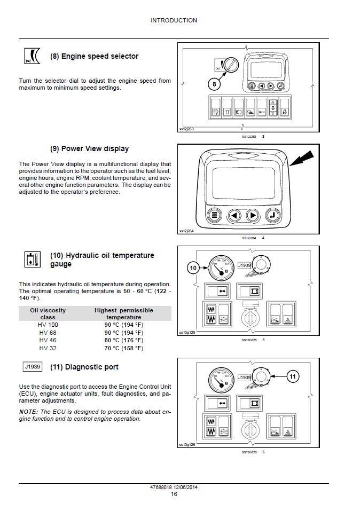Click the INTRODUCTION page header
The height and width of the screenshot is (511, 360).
(174, 20)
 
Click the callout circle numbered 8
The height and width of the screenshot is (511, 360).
(214, 84)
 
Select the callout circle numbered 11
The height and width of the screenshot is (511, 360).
(292, 376)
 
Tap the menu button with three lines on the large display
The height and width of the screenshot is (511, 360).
(215, 216)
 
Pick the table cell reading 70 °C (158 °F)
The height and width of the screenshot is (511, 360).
(123, 348)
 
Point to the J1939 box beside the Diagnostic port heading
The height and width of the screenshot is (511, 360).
(33, 367)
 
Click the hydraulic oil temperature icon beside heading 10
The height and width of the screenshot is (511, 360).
(33, 260)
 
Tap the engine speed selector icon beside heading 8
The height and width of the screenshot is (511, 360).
(33, 57)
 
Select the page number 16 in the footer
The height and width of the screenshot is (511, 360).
(174, 494)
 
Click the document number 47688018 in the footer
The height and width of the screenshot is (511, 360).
(162, 487)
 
